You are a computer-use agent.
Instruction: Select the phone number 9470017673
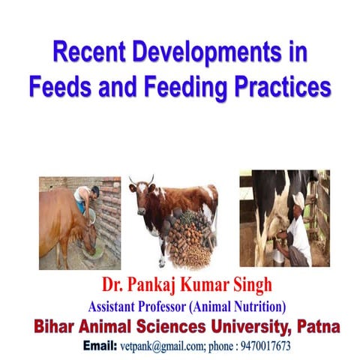263,348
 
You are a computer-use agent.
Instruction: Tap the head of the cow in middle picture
141,192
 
